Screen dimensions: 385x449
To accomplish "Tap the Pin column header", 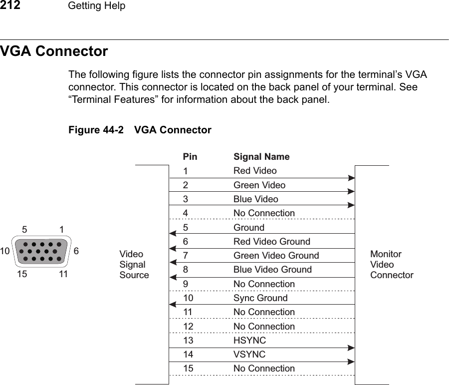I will pos(190,157).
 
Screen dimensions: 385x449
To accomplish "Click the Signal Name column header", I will pos(261,157).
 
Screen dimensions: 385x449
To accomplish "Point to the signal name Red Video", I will pos(255,171).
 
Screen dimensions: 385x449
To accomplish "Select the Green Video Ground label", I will pos(276,256).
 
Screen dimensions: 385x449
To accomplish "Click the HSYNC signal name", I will pos(249,341).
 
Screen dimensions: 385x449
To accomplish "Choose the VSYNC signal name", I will pos(249,355).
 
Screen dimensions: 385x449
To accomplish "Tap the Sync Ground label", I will pos(260,298).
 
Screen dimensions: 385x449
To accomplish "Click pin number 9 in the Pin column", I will pos(185,284).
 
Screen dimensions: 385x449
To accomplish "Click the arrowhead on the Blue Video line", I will pos(351,205).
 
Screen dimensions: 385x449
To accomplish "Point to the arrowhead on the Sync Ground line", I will pos(173,304).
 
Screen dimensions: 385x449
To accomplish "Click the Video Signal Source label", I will pos(134,265).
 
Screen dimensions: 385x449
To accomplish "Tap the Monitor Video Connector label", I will pos(392,265).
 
